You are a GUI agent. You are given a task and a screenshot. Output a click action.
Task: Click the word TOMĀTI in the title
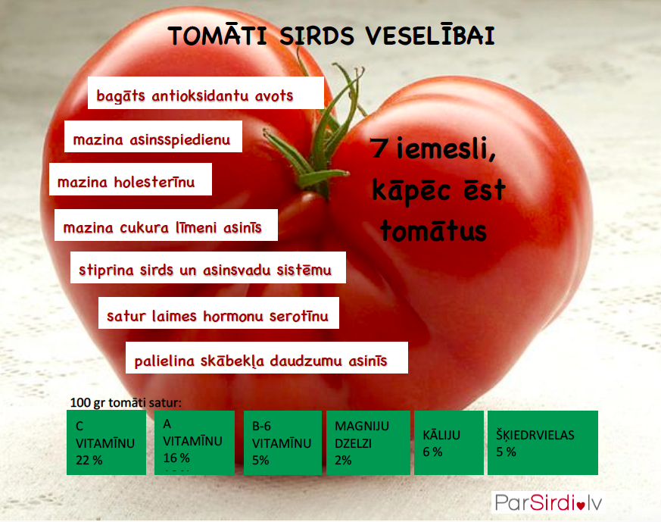point(217,35)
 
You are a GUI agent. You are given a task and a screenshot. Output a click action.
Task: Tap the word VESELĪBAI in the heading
point(430,35)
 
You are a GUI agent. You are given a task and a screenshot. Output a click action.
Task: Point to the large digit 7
point(379,148)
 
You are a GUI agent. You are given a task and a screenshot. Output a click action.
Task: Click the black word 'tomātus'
point(433,230)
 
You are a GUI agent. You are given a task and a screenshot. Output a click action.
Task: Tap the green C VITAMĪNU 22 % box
point(106,442)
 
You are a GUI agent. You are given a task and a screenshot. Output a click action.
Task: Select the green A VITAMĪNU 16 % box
point(195,442)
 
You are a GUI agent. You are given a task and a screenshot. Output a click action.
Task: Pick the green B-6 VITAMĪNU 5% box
point(282,442)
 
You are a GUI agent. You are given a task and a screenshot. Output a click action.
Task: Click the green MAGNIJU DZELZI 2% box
point(368,442)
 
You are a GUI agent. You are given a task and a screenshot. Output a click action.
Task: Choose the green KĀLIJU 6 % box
point(449,442)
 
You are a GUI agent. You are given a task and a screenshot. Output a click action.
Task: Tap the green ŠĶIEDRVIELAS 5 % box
point(543,442)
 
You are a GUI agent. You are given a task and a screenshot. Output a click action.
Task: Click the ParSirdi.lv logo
point(548,502)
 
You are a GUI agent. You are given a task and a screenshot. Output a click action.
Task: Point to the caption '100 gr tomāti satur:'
point(126,402)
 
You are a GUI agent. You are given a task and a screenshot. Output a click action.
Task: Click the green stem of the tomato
point(320,139)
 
